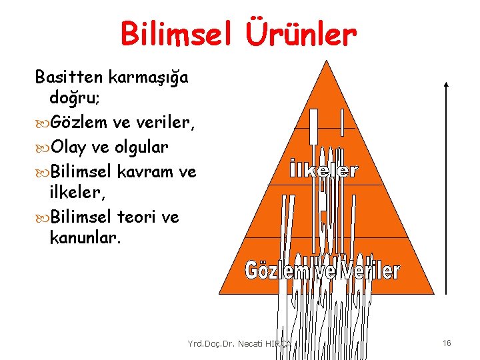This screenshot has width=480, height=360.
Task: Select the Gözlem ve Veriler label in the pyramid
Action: (323, 271)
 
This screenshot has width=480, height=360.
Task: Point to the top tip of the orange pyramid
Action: (326, 62)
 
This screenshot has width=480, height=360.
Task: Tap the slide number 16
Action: (447, 343)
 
